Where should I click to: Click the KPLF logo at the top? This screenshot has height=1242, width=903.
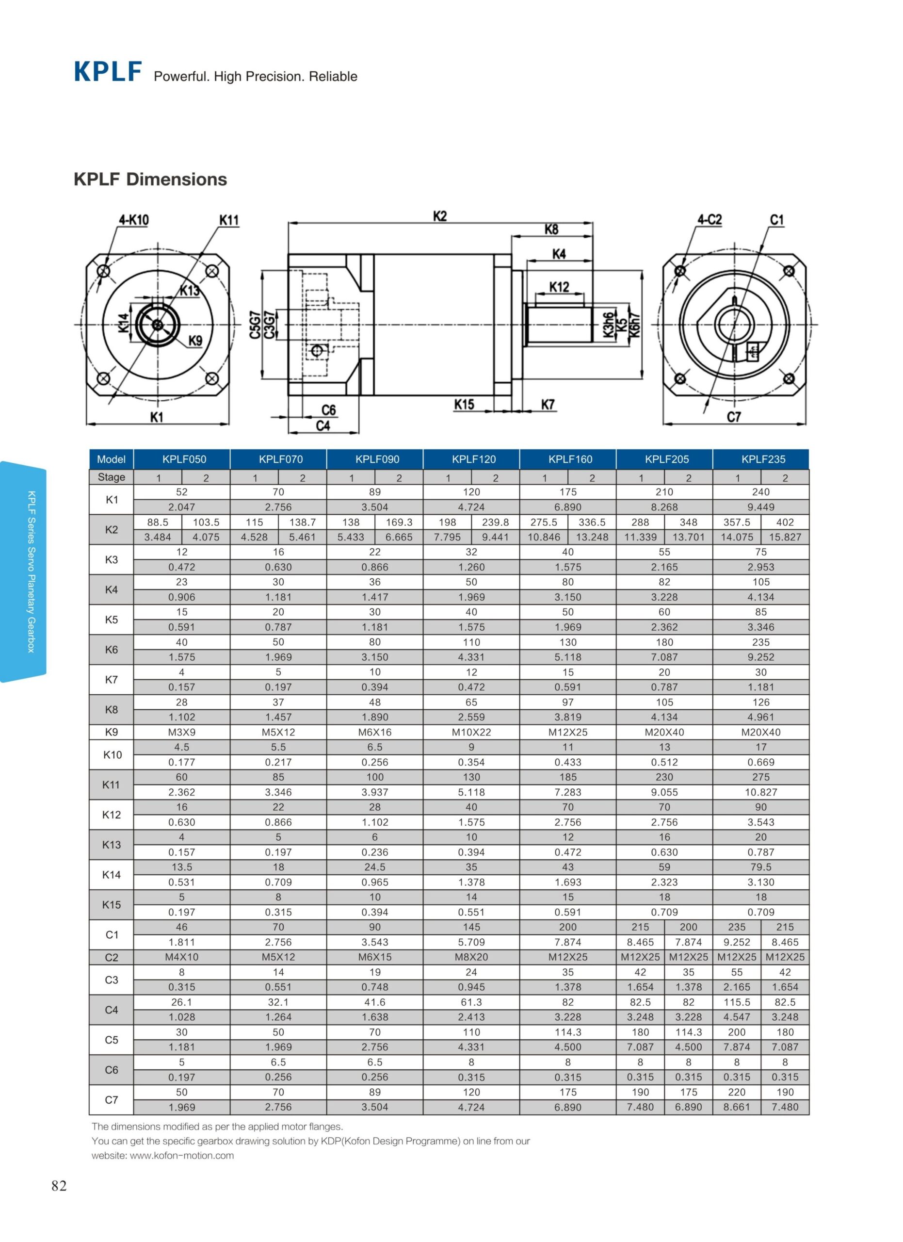(x=108, y=72)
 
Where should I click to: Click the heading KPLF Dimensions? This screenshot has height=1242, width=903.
(x=150, y=179)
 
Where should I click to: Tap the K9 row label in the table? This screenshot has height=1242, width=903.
(x=111, y=732)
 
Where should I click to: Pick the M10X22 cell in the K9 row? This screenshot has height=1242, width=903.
(x=471, y=732)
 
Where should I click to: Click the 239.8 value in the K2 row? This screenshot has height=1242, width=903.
(x=495, y=523)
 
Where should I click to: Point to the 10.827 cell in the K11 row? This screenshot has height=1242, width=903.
(x=761, y=792)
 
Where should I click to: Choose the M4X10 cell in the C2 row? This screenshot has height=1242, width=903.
(x=182, y=957)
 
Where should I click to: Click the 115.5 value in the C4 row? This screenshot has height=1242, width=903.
(x=737, y=1002)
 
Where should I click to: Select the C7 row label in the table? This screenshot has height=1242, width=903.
(x=111, y=1100)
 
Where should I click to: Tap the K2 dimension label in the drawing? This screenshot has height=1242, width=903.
(x=440, y=216)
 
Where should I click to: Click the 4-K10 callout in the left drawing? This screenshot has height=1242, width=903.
(x=133, y=220)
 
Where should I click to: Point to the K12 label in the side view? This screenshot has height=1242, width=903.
(x=559, y=286)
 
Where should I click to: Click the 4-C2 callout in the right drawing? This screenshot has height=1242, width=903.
(x=709, y=220)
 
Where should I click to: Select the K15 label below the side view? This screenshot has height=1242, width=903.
(x=464, y=405)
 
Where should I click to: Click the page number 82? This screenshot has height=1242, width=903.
(x=59, y=1186)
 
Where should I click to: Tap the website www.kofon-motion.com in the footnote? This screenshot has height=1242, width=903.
(x=182, y=1156)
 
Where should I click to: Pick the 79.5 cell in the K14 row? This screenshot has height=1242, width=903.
(x=761, y=867)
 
